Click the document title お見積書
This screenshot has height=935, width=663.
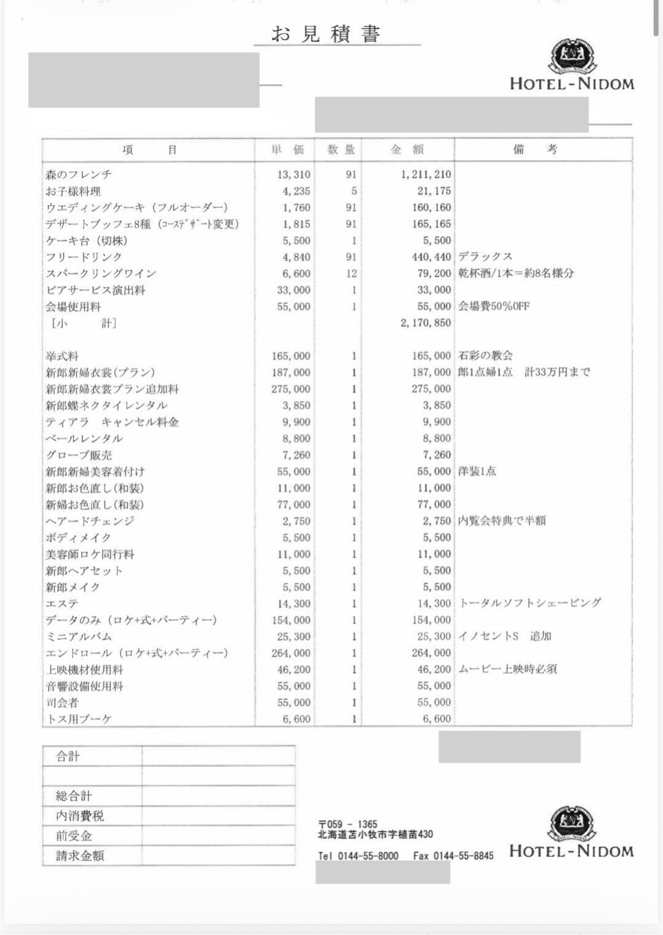tap(325, 34)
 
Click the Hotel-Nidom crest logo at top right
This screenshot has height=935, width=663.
tap(572, 56)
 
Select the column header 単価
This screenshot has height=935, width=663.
tap(288, 150)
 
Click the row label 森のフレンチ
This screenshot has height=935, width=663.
tap(79, 175)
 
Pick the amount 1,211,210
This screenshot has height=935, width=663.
tap(426, 175)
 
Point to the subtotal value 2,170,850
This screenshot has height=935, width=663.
tap(426, 323)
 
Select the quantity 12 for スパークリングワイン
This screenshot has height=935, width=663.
tap(351, 273)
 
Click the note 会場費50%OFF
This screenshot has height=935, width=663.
tap(493, 307)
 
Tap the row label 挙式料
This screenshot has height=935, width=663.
tap(62, 356)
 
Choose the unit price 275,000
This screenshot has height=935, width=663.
tap(291, 389)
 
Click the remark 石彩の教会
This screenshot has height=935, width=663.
tap(485, 356)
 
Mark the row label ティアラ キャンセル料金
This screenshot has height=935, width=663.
tap(112, 422)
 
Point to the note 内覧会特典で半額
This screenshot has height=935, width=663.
tap(502, 521)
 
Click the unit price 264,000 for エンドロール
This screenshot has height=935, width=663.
tap(291, 653)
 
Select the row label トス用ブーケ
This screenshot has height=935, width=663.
tap(78, 719)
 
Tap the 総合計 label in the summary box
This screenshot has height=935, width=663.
tap(74, 796)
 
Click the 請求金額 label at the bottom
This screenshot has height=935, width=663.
tap(80, 856)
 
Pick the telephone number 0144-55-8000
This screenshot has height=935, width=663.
tap(368, 856)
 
